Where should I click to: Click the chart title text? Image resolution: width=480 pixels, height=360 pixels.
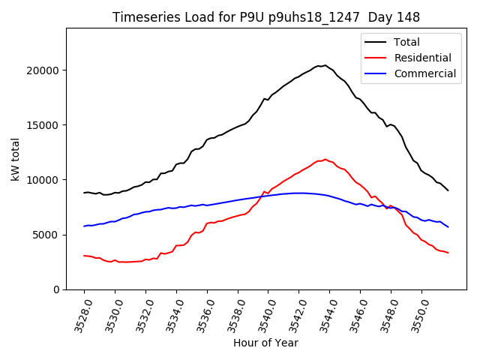tap(266, 17)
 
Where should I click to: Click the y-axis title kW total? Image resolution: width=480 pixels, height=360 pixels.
tap(16, 159)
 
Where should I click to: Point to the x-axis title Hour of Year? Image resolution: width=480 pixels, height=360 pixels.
tap(265, 343)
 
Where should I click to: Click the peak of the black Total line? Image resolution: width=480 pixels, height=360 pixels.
tap(325, 65)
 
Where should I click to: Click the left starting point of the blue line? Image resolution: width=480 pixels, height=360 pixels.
tap(84, 226)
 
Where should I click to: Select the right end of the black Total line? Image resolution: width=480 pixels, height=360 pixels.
tap(448, 190)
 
